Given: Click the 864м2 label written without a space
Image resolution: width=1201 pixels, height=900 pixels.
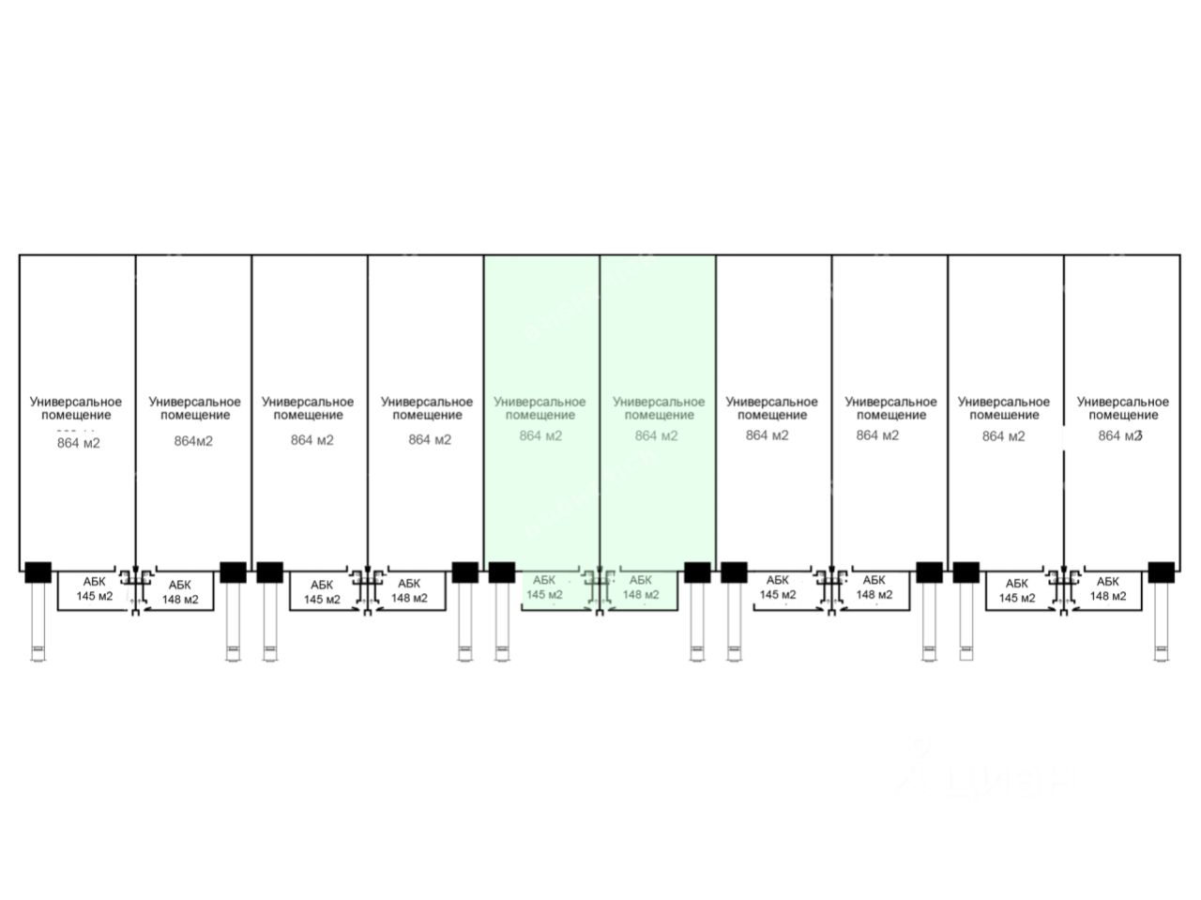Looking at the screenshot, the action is (x=193, y=441).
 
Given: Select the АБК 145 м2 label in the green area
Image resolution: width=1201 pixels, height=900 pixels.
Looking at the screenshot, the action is (x=544, y=587).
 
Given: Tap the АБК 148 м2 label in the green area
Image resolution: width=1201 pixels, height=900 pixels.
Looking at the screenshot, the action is (x=641, y=587).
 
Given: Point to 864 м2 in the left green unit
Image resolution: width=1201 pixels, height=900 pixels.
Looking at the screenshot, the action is (x=540, y=435).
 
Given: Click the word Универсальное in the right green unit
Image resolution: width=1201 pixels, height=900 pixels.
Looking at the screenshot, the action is (x=659, y=402).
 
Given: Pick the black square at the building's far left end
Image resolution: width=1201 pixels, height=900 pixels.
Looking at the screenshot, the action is (x=38, y=572).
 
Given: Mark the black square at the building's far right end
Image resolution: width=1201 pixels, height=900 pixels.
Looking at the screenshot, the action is (x=1161, y=572).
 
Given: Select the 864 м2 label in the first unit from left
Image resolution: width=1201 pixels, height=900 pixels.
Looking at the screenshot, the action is (x=78, y=442).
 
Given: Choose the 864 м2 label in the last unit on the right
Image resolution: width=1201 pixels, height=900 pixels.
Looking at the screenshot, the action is (x=1120, y=435).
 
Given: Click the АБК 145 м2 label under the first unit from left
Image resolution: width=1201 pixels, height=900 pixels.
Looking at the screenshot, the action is (x=94, y=589).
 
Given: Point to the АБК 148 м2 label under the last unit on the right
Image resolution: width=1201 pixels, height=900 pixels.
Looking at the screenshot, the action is (x=1107, y=588).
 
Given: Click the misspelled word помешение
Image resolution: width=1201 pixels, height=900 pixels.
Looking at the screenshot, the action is (x=1004, y=415).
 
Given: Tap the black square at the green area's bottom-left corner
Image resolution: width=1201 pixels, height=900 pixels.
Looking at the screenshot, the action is (x=502, y=572).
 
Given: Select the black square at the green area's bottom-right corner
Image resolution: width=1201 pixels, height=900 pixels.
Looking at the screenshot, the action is (x=697, y=572).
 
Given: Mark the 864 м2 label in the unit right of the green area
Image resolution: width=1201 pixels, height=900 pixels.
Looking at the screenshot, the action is (x=768, y=435).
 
